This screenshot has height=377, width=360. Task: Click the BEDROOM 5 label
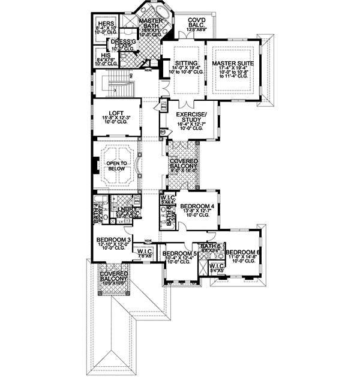179,253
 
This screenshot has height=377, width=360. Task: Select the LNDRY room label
125,209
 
